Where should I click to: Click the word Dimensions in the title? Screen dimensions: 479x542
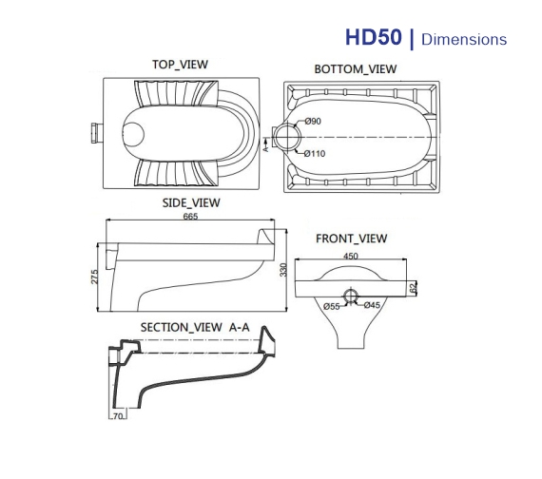pos(464,40)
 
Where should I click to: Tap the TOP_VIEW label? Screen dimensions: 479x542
pos(180,65)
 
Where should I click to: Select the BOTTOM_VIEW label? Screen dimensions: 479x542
pos(356,69)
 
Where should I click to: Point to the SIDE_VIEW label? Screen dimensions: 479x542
pos(191,202)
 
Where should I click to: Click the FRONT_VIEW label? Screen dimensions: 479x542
pos(352,239)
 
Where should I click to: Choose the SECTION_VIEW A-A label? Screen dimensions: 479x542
pos(195,327)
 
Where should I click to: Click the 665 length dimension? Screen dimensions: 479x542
pos(190,218)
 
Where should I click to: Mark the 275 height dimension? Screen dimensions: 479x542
pos(94,278)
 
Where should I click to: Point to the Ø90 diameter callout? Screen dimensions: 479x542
pos(314,121)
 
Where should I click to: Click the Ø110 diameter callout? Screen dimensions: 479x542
pos(314,154)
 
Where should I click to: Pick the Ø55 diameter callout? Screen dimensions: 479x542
pos(332,306)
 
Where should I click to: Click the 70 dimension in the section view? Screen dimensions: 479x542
pos(118,416)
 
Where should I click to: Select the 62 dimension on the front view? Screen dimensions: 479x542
pos(414,286)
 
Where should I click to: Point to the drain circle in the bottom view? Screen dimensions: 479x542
pos(286,138)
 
